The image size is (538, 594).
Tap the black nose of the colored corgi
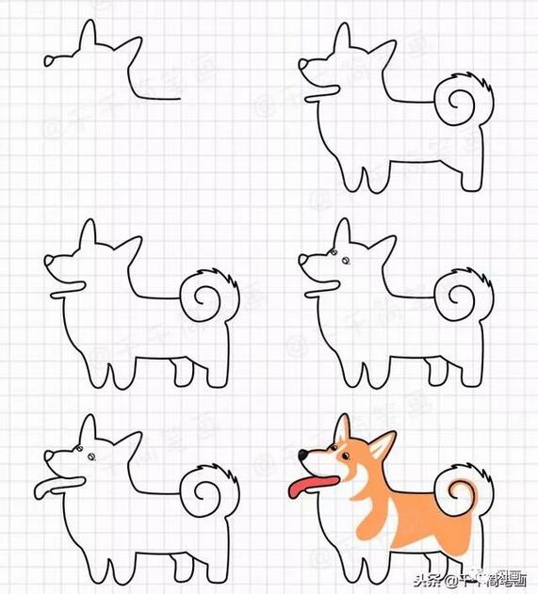(302, 456)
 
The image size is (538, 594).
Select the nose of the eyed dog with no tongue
(303, 261)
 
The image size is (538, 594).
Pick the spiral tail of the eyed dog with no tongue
(463, 298)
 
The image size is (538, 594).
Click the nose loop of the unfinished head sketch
(48, 61)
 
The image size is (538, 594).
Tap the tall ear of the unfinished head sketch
(88, 36)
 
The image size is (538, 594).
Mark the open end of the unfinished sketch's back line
(178, 96)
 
